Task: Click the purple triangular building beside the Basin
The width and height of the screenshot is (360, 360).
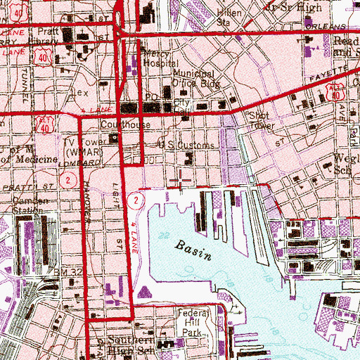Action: [143, 291]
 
